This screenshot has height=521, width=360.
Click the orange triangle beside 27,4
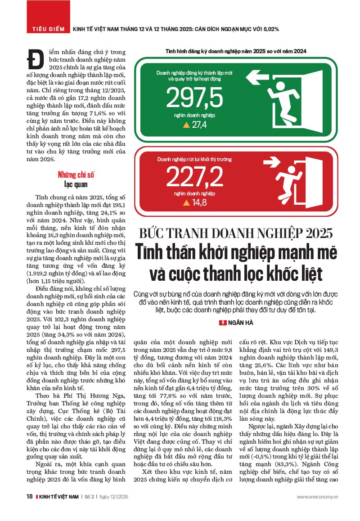click(186, 125)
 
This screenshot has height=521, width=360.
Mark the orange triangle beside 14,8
click(186, 203)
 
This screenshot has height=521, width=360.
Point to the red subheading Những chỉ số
click(76, 175)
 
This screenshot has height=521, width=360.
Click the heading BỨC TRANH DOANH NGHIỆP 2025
click(236, 234)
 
